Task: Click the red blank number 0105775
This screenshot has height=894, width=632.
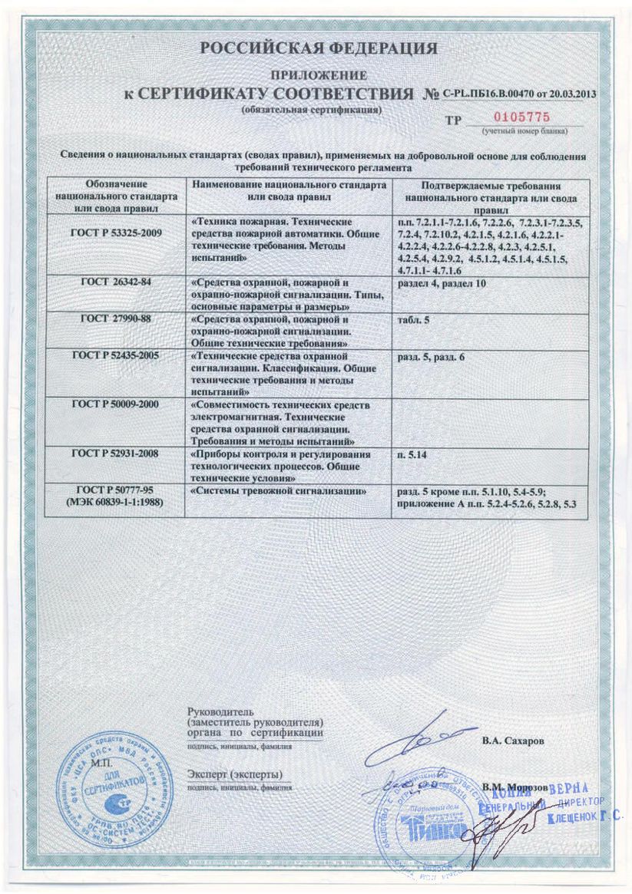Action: pyautogui.click(x=520, y=118)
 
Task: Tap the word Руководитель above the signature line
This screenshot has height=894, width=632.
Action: pyautogui.click(x=216, y=713)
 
